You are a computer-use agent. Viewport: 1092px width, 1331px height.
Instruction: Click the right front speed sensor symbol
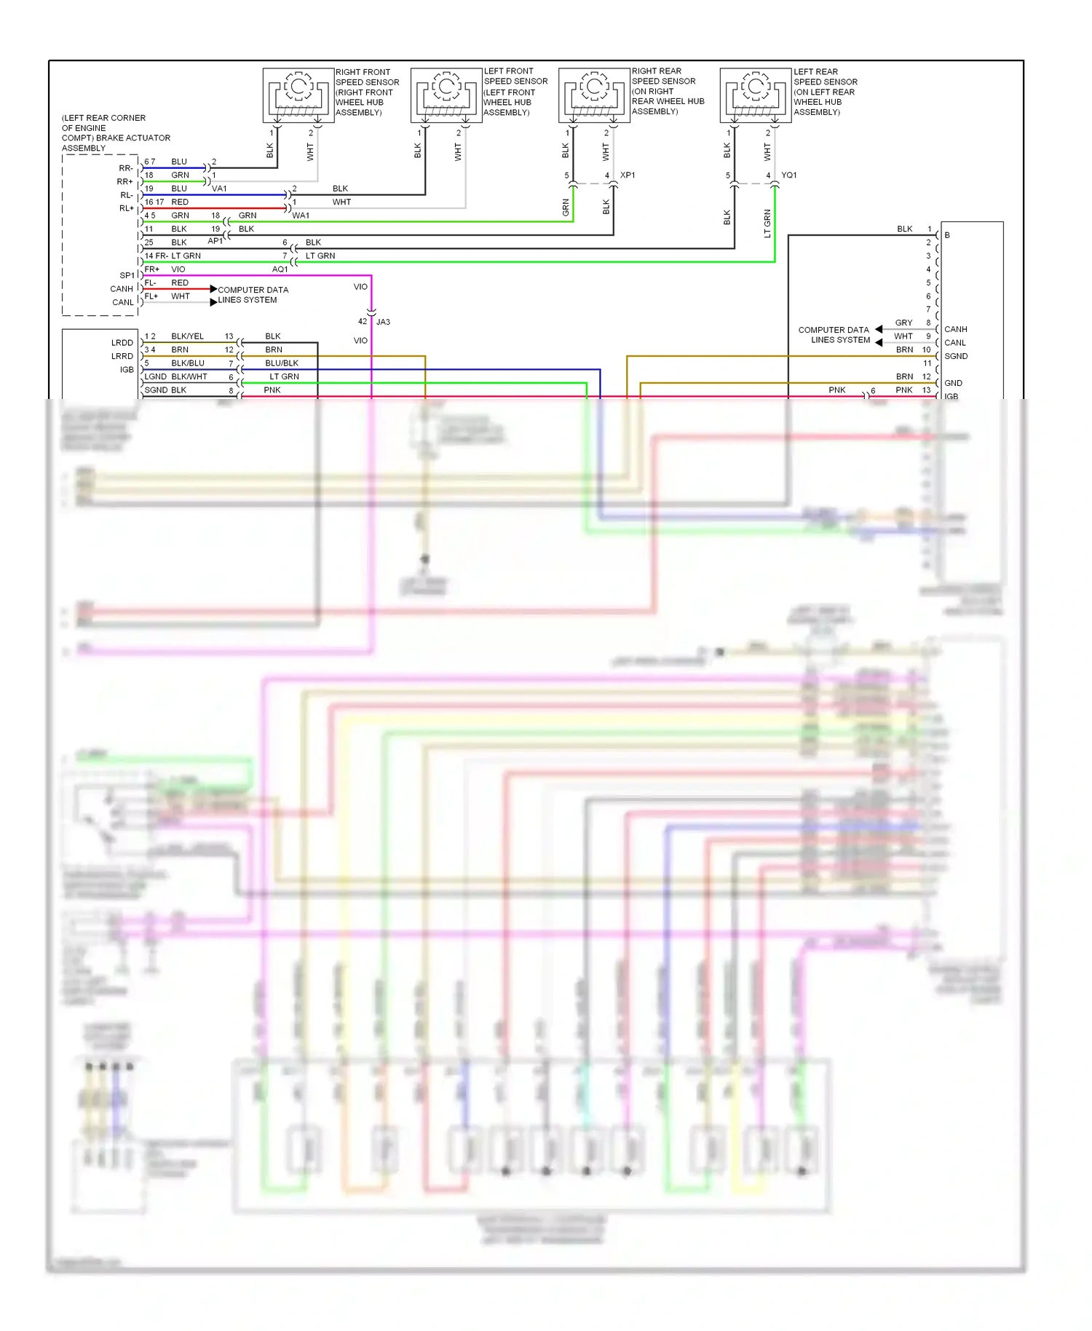pos(298,95)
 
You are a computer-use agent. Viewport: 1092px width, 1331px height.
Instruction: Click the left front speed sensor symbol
pos(446,95)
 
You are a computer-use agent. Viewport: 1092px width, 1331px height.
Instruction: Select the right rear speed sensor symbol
pos(594,95)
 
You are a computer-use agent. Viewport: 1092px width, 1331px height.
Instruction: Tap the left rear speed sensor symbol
pos(756,95)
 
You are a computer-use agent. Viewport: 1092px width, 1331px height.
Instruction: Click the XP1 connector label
pos(628,175)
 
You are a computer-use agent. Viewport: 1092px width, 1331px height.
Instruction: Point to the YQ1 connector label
pos(789,175)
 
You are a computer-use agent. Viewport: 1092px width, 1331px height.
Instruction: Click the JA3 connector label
pos(384,322)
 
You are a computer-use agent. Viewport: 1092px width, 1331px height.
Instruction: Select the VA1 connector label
pos(219,189)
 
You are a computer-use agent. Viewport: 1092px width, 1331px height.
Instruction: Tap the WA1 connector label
pos(301,216)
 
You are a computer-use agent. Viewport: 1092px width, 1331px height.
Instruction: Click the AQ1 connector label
pos(280,269)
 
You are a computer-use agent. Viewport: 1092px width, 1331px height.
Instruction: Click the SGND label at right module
pos(956,356)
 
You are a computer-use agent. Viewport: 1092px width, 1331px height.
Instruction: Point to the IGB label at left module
pos(127,370)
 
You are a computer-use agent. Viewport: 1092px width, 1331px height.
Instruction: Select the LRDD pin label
pos(122,343)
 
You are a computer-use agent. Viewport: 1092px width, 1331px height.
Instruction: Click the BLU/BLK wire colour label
pos(282,363)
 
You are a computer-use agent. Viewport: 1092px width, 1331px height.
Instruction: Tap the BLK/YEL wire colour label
pos(187,336)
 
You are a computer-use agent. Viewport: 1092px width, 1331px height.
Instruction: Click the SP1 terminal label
pos(127,276)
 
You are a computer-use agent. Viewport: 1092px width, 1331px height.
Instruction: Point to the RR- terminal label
pos(126,168)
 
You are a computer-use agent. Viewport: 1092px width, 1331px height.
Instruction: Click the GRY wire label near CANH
pos(903,323)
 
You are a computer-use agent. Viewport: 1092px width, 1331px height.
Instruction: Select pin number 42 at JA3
pos(363,322)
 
